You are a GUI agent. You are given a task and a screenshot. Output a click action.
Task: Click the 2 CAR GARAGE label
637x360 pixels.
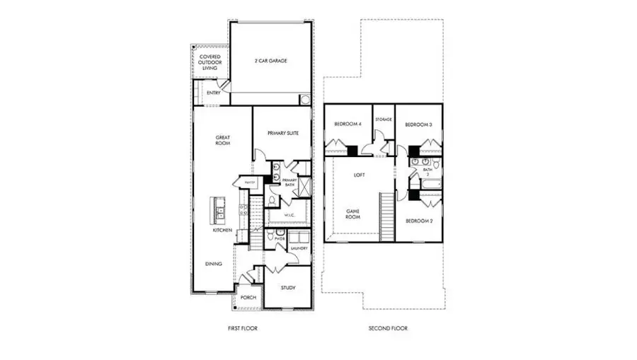pyautogui.click(x=270, y=62)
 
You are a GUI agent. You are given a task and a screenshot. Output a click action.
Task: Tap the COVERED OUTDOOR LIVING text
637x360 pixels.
pyautogui.click(x=209, y=62)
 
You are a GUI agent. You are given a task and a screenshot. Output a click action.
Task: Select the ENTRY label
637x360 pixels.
pyautogui.click(x=212, y=93)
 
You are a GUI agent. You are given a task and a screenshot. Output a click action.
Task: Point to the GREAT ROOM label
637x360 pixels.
pyautogui.click(x=224, y=141)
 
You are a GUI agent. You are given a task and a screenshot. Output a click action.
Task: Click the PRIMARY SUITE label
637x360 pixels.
pyautogui.click(x=282, y=132)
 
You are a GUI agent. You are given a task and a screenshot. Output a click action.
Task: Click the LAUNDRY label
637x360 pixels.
pyautogui.click(x=298, y=248)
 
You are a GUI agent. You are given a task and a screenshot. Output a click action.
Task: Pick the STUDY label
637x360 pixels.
pyautogui.click(x=287, y=288)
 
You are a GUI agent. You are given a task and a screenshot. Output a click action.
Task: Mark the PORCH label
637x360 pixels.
pyautogui.click(x=248, y=298)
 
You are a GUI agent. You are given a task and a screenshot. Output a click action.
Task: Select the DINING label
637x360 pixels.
pyautogui.click(x=214, y=264)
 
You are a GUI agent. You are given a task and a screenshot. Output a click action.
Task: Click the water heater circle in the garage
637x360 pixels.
pyautogui.click(x=306, y=100)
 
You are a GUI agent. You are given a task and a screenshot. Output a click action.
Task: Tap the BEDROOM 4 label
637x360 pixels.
pyautogui.click(x=348, y=124)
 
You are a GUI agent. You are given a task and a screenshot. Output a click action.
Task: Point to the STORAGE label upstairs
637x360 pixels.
pyautogui.click(x=384, y=120)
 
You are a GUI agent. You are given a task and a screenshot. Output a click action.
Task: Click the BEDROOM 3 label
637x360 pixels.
pyautogui.click(x=418, y=124)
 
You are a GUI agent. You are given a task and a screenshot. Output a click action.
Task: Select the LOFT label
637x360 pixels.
pyautogui.click(x=359, y=173)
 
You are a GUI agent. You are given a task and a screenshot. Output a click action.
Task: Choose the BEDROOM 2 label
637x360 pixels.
pyautogui.click(x=418, y=221)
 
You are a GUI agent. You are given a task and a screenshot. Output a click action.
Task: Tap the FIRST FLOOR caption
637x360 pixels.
pyautogui.click(x=243, y=328)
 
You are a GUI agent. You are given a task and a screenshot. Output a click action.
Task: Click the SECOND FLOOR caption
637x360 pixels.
pyautogui.click(x=388, y=328)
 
